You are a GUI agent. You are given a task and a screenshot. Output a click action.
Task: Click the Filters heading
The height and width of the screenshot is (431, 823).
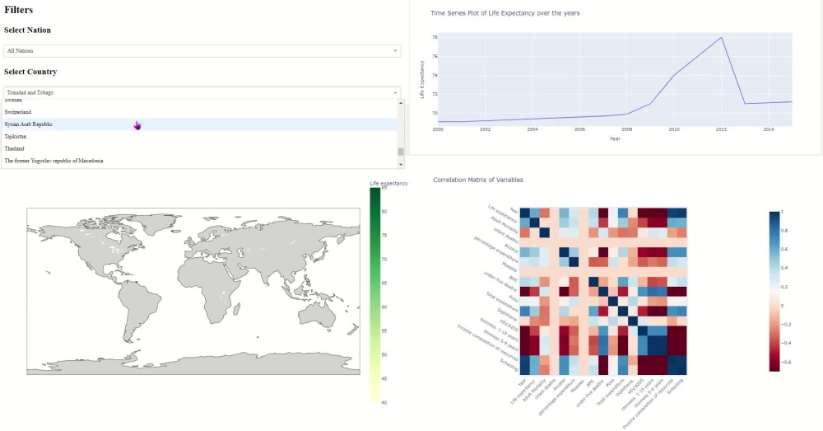coord(19,9)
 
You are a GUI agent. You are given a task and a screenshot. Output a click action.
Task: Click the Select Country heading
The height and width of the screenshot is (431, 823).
coord(30,72)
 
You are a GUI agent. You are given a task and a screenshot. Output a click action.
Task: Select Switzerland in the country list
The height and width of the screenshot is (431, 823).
coord(18,111)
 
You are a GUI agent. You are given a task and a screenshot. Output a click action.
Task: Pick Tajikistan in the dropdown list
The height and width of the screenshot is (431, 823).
coord(16,136)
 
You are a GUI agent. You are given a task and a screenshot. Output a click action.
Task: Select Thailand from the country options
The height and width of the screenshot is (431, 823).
coord(15,148)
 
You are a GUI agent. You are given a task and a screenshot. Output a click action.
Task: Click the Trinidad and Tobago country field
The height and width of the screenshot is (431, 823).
coord(198,92)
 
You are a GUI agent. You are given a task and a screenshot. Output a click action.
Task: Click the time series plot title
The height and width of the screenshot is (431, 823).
coord(505,13)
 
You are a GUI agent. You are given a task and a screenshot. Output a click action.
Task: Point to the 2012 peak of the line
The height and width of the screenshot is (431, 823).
coord(722,38)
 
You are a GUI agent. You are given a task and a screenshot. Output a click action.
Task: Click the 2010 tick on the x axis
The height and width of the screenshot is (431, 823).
coord(674,129)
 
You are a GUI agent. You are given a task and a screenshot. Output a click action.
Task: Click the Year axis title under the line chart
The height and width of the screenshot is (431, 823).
coord(615,138)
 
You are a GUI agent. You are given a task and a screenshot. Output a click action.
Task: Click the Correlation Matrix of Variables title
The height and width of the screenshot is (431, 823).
coord(477,180)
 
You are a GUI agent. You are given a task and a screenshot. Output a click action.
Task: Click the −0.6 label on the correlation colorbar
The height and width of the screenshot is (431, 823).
coord(785,362)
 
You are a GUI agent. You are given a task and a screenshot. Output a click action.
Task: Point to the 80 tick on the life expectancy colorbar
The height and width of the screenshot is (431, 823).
coord(384,212)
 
